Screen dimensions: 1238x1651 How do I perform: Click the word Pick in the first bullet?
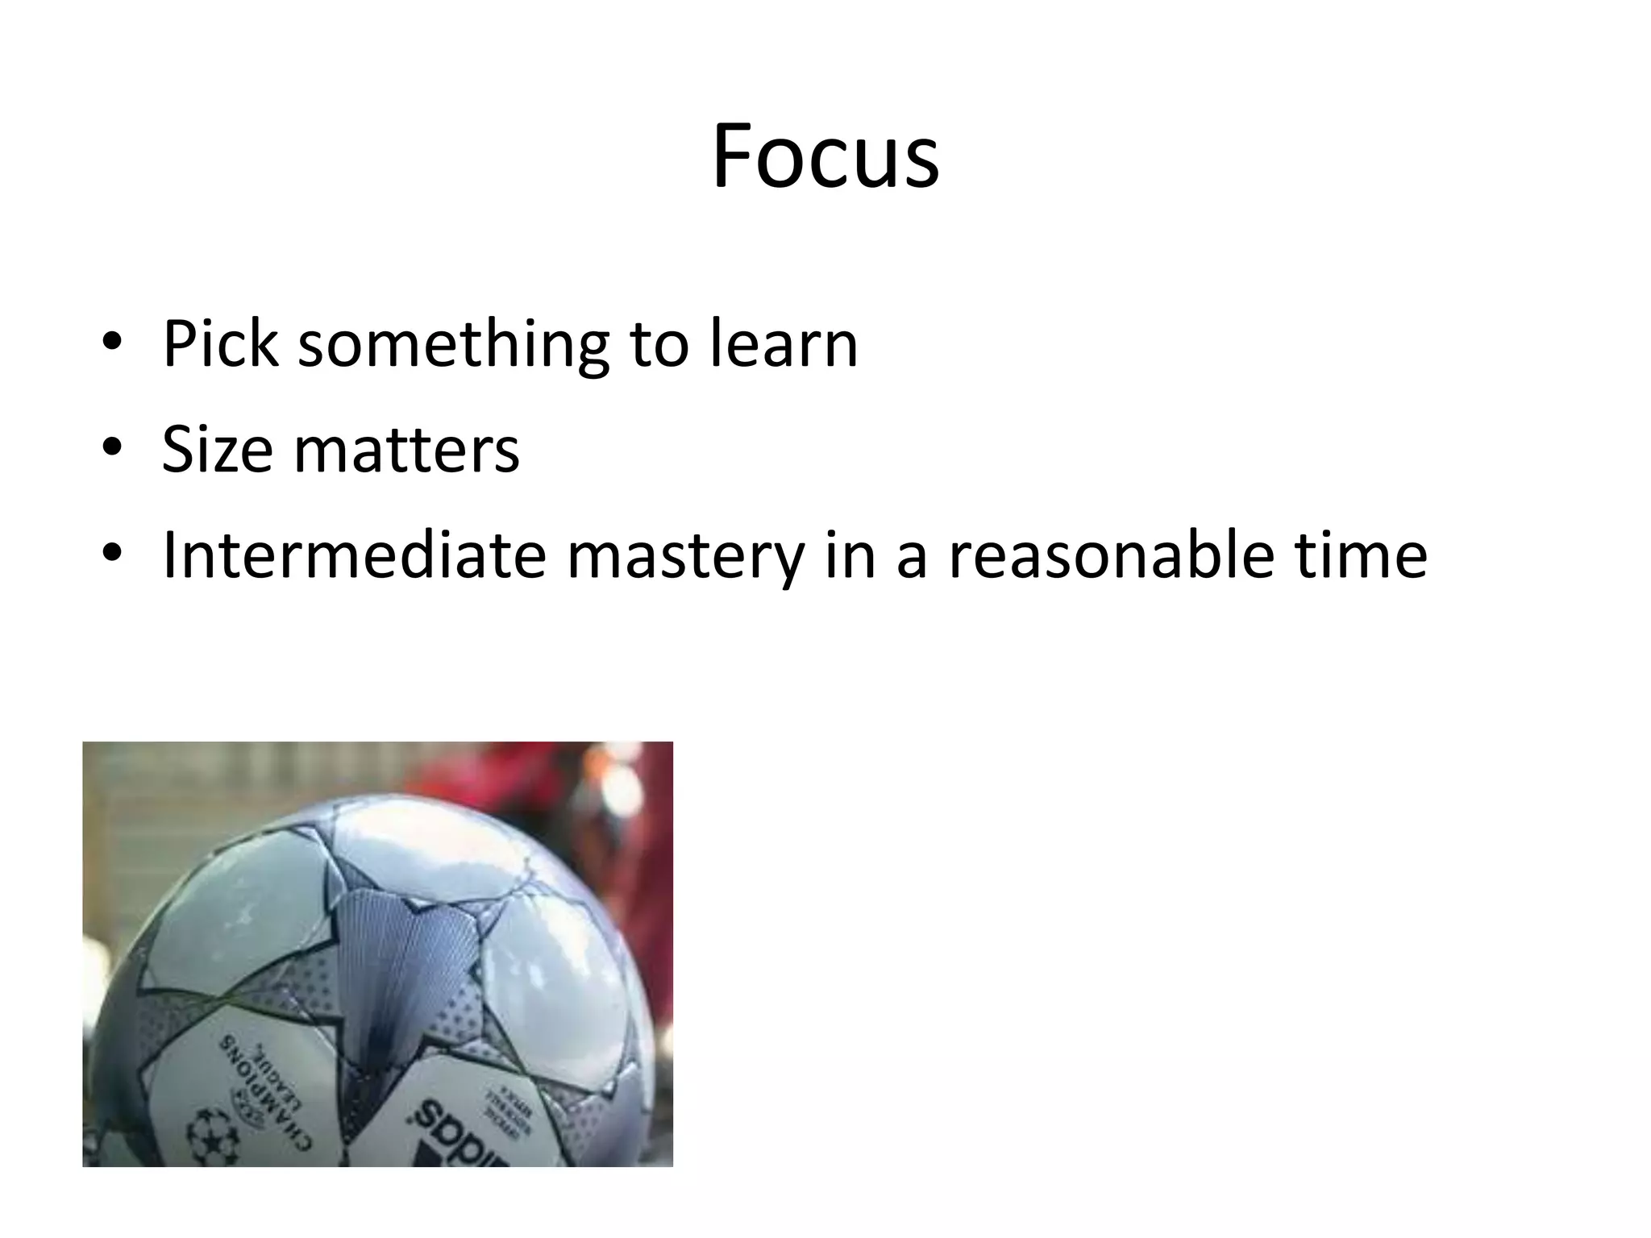coord(220,344)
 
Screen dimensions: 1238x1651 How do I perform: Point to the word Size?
coord(217,449)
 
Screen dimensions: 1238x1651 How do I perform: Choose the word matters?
coord(406,449)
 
